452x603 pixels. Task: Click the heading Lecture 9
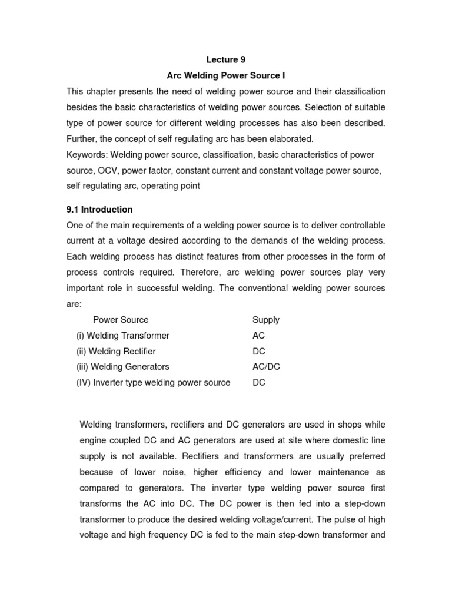pos(225,59)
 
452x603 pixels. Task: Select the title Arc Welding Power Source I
pos(226,75)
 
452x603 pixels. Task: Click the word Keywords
pos(86,154)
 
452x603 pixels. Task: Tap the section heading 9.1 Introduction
pos(99,210)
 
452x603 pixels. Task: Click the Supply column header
pos(266,320)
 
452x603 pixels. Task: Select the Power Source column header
pos(121,320)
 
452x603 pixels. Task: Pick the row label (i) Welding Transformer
pos(122,336)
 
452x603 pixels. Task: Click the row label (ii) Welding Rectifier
pos(116,352)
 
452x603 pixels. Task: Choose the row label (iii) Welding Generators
pos(122,367)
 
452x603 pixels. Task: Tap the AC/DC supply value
pos(266,367)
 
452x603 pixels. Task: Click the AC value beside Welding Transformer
pos(258,336)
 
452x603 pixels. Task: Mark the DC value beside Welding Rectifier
pos(259,352)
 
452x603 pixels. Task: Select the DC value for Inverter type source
pos(259,383)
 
